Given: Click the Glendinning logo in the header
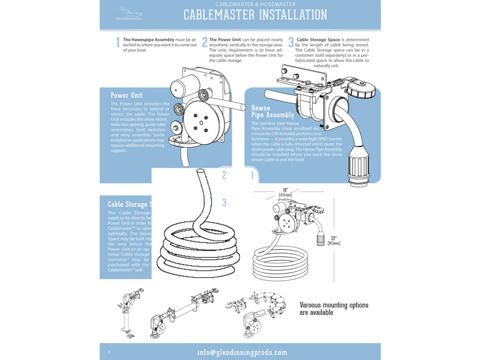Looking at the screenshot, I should (x=129, y=14).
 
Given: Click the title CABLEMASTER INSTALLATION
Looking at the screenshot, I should (x=255, y=15).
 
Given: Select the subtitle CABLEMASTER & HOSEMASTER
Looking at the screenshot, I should (x=254, y=4).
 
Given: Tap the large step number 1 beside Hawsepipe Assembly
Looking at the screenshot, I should (x=118, y=43).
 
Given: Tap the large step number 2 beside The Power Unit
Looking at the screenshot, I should (x=205, y=43).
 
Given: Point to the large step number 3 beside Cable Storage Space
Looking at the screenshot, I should (x=291, y=43).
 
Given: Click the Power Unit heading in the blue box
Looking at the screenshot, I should (x=127, y=95).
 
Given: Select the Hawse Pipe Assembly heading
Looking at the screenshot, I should (x=272, y=111).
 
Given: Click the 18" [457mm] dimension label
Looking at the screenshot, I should (x=286, y=192).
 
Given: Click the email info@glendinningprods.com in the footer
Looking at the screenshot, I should (x=242, y=352).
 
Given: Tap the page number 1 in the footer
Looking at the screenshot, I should (x=109, y=352).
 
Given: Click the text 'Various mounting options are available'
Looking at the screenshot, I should (x=334, y=308).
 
